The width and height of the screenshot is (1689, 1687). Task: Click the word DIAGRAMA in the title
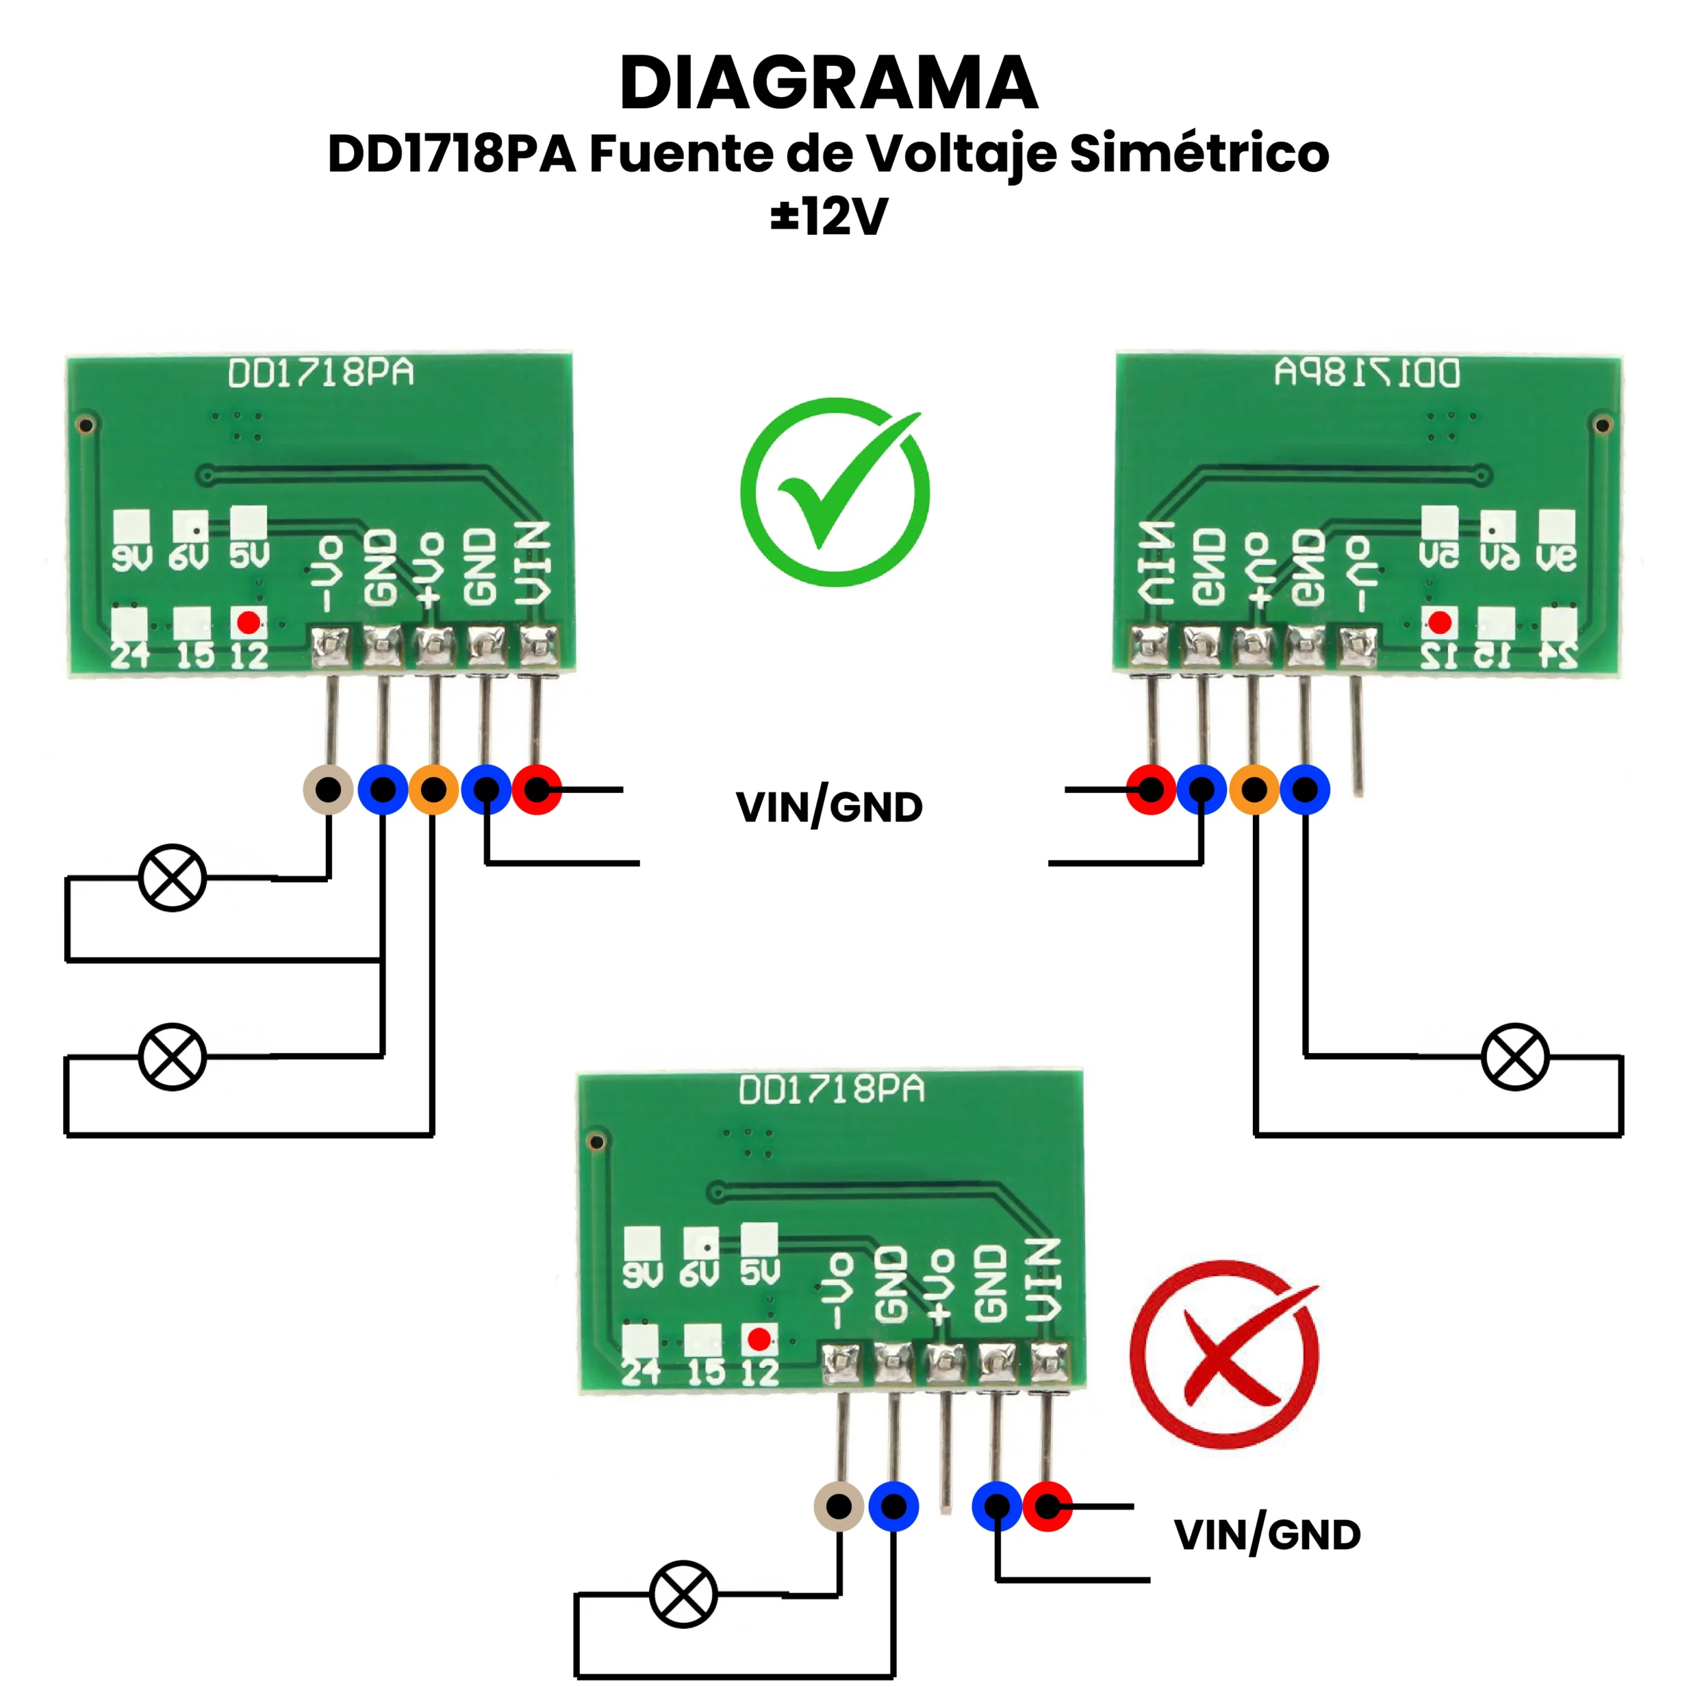[x=828, y=83]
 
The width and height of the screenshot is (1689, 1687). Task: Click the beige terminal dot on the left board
[x=328, y=789]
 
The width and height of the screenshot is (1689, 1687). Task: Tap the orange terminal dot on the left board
[x=433, y=789]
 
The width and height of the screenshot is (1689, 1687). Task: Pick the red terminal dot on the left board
[x=537, y=789]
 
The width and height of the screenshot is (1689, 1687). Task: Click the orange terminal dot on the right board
[x=1254, y=789]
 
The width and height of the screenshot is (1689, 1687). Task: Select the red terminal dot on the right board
[x=1151, y=789]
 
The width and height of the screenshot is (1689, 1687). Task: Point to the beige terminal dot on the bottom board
[x=839, y=1506]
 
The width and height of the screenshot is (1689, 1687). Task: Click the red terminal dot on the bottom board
[x=1047, y=1506]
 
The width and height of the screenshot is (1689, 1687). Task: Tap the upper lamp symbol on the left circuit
[x=172, y=877]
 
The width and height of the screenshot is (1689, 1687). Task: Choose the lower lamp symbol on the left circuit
[x=172, y=1057]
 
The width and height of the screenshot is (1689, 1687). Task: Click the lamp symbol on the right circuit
[x=1515, y=1057]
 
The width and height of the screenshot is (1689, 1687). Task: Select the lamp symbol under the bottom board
[x=684, y=1593]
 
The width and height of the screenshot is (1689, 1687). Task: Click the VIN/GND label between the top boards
[x=829, y=807]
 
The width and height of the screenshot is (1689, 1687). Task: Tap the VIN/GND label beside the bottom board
[x=1267, y=1535]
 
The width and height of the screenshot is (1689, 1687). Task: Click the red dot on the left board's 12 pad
[x=248, y=622]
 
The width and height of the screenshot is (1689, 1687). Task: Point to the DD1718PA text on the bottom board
[x=831, y=1090]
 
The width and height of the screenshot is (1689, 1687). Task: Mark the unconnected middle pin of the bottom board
[x=945, y=1451]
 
